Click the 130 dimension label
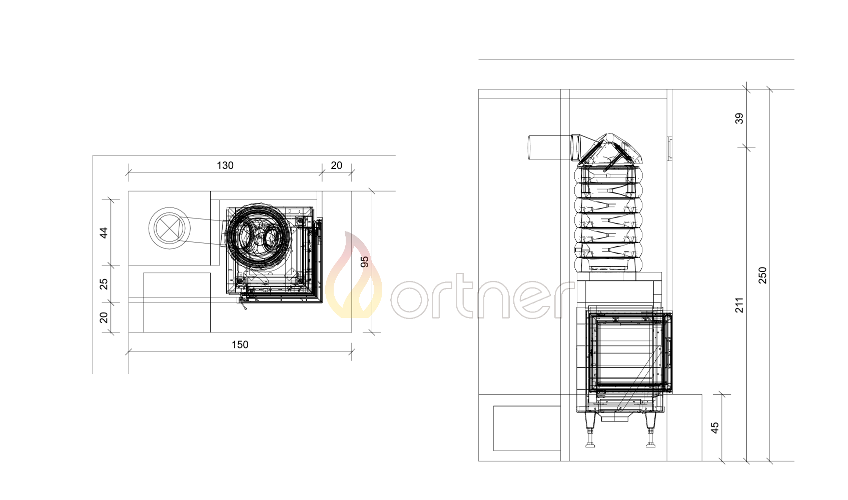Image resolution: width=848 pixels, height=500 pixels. point(225,165)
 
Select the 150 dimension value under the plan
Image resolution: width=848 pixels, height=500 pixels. point(240,344)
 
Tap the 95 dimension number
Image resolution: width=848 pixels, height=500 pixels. point(365,261)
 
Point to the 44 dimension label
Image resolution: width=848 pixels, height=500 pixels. point(104,232)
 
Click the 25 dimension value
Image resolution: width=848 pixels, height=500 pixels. point(104,283)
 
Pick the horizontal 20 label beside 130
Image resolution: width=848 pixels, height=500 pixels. point(336,165)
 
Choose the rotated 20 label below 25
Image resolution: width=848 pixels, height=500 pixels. point(104,317)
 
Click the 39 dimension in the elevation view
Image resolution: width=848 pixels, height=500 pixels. point(739,118)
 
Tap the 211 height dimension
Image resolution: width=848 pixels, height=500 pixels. point(739,305)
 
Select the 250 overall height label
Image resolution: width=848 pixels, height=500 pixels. point(762,275)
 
